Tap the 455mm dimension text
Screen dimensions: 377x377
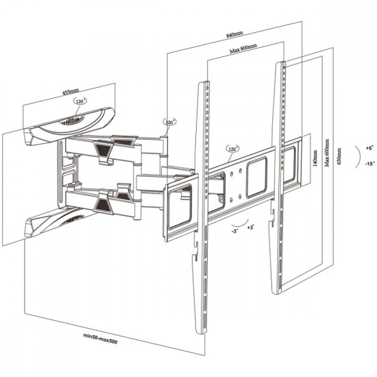click(x=71, y=90)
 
